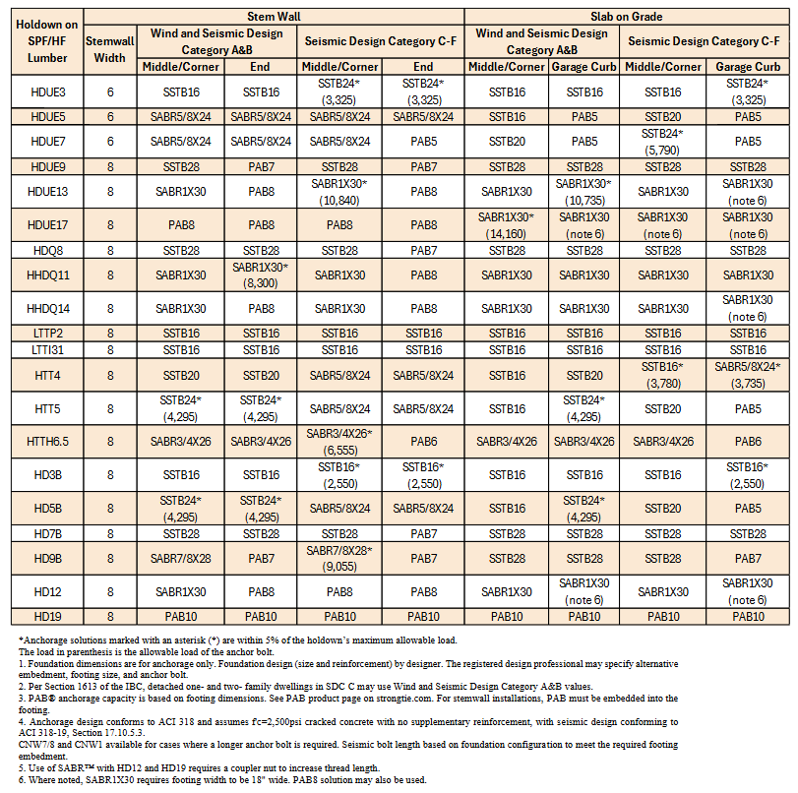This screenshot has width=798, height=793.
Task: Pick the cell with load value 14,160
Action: coord(506,225)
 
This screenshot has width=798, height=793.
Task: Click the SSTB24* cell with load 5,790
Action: coord(662,142)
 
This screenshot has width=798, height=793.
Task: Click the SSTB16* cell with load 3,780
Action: coord(662,375)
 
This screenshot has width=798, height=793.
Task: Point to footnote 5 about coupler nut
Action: coord(246,764)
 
